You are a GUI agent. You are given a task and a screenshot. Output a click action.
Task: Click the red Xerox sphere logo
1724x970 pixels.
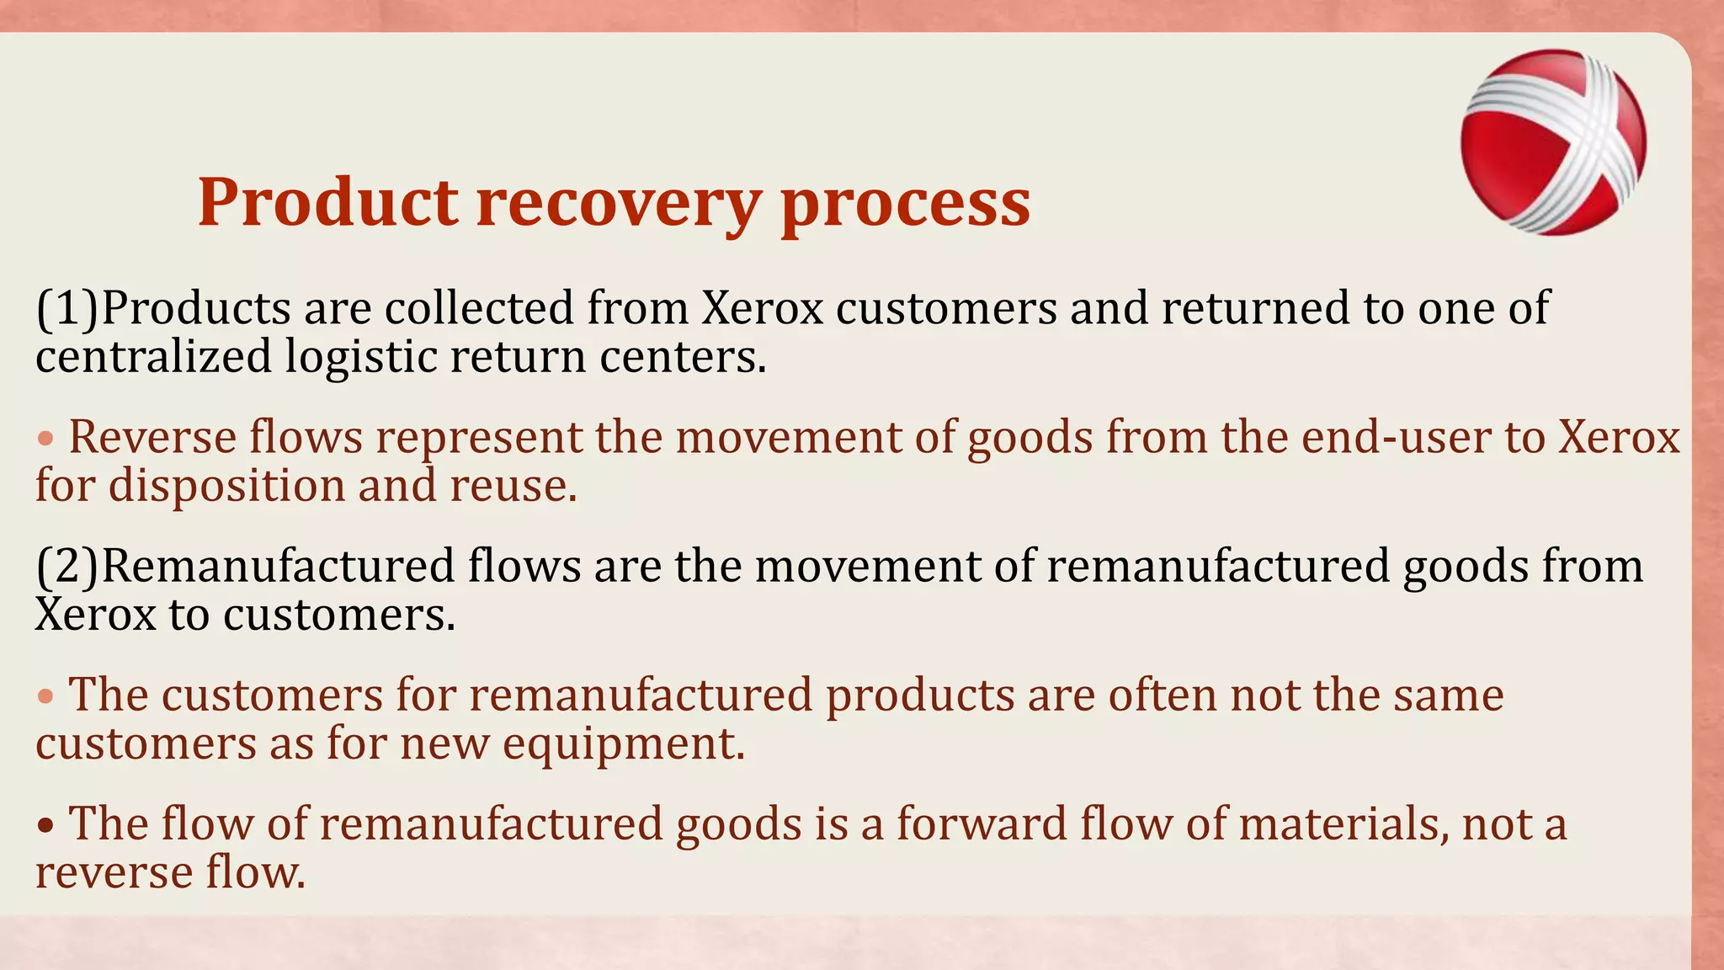tap(1553, 141)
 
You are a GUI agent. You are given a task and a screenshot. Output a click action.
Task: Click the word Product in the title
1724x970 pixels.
tap(328, 204)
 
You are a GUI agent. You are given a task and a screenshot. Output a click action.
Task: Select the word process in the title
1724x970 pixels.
tap(905, 204)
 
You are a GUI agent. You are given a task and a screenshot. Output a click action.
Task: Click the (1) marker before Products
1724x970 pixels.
tap(67, 308)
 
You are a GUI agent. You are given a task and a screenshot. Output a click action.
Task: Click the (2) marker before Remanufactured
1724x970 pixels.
tap(67, 566)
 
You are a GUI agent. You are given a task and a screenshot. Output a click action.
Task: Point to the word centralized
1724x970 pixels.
tap(153, 357)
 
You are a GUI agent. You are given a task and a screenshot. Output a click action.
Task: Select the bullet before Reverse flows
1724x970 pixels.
tap(46, 439)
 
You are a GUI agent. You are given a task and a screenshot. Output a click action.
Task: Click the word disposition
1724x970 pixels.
tap(226, 487)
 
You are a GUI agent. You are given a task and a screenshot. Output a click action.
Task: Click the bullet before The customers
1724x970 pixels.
tap(46, 696)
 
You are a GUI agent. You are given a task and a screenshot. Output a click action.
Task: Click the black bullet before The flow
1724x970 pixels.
tap(46, 825)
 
